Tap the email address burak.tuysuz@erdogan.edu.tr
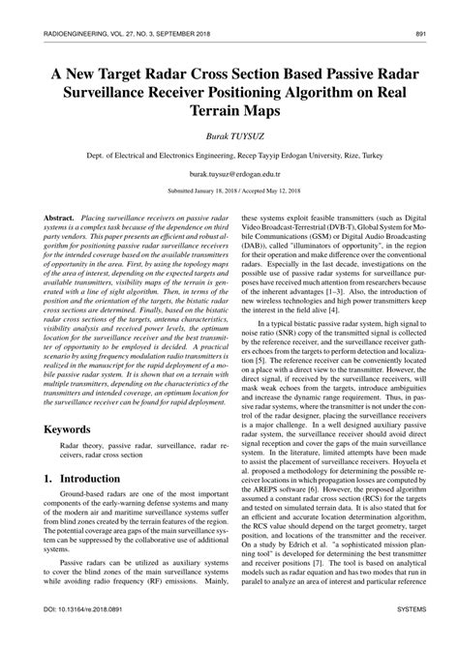click(229, 167)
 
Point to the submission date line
click(229, 191)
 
